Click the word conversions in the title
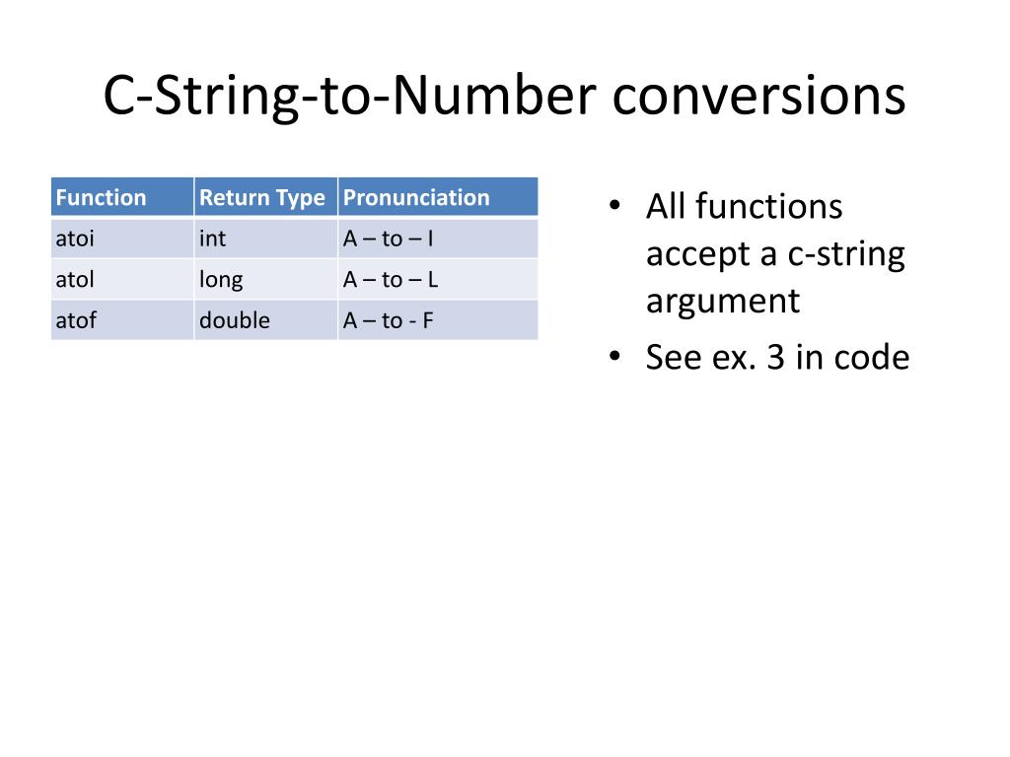click(757, 97)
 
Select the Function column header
click(101, 197)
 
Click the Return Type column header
click(262, 197)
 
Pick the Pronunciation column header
click(416, 197)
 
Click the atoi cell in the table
click(75, 239)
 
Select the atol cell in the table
click(75, 280)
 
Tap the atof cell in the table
click(76, 320)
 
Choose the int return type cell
click(212, 239)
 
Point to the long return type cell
click(221, 280)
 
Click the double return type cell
click(235, 320)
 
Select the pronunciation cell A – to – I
click(389, 239)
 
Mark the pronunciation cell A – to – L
click(391, 280)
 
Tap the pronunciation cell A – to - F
click(389, 320)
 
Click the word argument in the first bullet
click(723, 302)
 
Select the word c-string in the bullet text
click(846, 254)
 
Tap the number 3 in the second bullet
click(775, 358)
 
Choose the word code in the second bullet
click(871, 358)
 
